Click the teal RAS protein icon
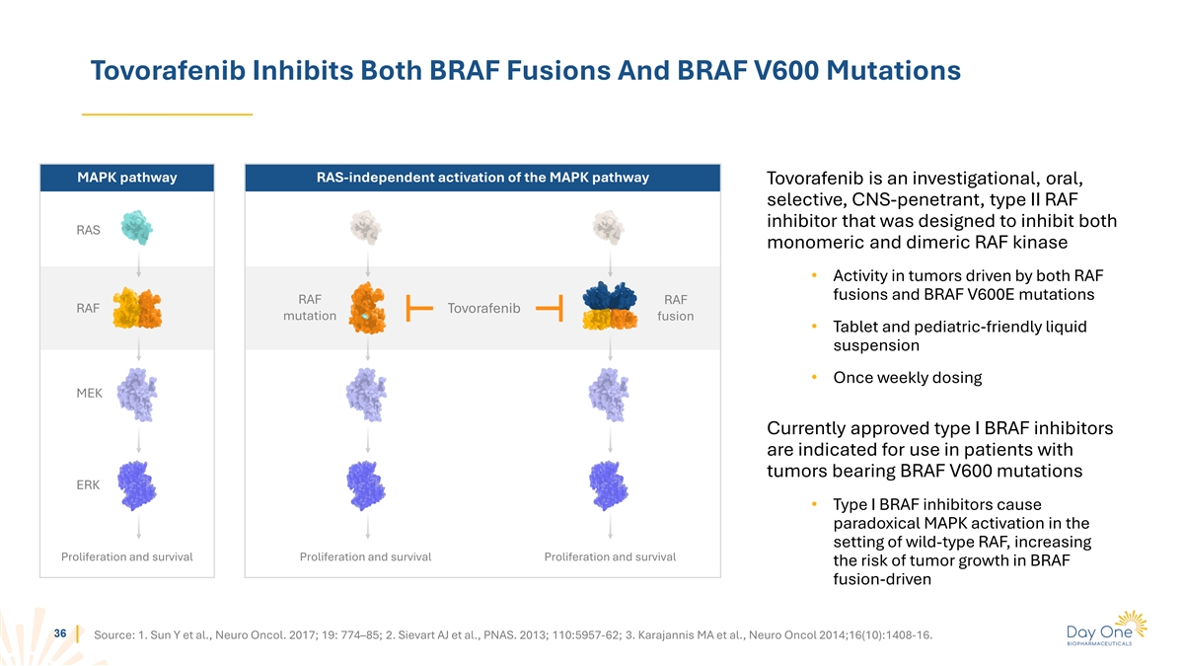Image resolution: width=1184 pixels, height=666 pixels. (x=137, y=228)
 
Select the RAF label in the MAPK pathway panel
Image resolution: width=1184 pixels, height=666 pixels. (x=88, y=308)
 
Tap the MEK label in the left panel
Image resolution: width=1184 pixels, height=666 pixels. (x=90, y=394)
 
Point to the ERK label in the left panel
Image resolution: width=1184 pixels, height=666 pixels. (x=88, y=484)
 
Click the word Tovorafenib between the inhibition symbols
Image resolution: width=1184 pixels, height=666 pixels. (x=483, y=308)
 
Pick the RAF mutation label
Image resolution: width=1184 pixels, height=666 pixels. (x=310, y=308)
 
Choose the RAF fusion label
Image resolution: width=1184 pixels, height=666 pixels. (x=676, y=308)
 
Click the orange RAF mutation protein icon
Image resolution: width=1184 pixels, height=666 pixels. (x=367, y=308)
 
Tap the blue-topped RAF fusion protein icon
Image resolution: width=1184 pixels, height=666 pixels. (x=610, y=306)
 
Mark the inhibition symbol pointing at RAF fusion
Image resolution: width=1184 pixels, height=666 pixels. (x=550, y=308)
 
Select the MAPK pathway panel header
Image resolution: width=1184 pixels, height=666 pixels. (x=127, y=178)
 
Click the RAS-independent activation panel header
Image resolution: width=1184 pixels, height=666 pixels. (x=482, y=178)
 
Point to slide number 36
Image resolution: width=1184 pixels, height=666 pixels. (x=60, y=633)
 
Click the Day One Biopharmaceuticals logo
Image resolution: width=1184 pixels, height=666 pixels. (x=1107, y=629)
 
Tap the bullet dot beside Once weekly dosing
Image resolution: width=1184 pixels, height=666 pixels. (x=815, y=377)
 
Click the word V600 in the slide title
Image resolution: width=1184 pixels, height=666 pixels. (x=785, y=70)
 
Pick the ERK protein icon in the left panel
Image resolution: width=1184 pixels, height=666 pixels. (x=137, y=485)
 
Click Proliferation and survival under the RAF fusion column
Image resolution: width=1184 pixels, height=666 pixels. (x=610, y=556)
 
